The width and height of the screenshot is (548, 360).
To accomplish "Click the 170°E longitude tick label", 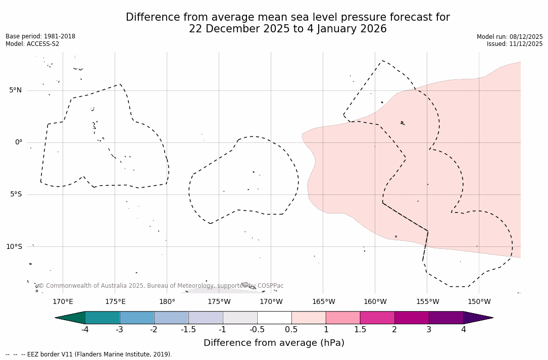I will coord(63,302).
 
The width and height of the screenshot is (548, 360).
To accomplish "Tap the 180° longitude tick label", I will coord(167,302).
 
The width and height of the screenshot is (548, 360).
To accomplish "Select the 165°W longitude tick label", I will coord(323,302).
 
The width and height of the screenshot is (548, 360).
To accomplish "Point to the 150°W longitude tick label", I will coord(479,302).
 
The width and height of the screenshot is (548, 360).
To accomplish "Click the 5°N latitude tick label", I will coord(15,90).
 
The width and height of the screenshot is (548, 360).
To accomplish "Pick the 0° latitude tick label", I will coord(18,142).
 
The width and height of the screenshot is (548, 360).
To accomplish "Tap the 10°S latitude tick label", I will coord(14,246).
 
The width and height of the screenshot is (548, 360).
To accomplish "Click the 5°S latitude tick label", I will coord(15,194).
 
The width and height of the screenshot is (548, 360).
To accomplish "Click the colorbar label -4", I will coord(85,330).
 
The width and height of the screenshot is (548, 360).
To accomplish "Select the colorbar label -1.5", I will coord(188,330).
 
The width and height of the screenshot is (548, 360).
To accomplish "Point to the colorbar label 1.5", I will coord(360,330).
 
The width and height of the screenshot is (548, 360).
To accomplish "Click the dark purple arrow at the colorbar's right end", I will coord(477,318).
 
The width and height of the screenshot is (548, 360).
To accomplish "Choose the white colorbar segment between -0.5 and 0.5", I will coord(274,318).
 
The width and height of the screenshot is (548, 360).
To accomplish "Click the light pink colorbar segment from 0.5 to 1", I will coord(309,318).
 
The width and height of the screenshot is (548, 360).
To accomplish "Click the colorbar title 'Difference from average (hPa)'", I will coord(274,343).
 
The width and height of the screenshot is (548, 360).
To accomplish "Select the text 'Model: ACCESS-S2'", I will coord(32,44).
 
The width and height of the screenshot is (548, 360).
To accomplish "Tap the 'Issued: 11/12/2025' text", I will coord(515,44).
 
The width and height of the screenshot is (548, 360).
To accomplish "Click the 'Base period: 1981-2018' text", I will coord(40,36).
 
